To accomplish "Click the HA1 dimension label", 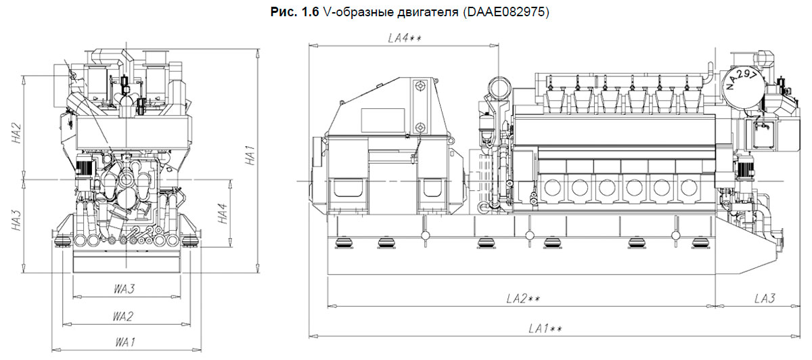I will coord(250,156).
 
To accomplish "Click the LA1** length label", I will coord(546,329).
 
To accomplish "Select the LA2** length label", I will coord(522,298).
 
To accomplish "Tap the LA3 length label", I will coord(763,298).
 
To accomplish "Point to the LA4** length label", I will coord(405,39).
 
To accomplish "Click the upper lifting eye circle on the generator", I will coord(420,87).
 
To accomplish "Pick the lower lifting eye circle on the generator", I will coord(420,127).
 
